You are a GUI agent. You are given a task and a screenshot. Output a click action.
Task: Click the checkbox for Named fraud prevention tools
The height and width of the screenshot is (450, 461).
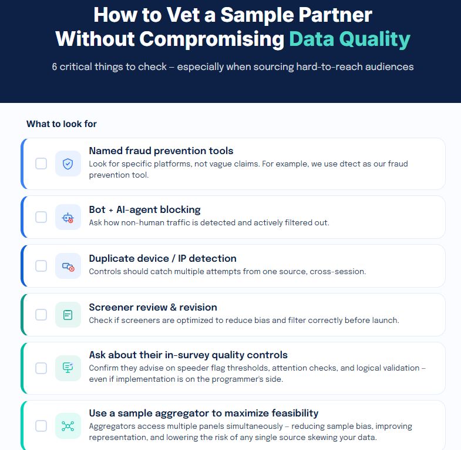pyautogui.click(x=41, y=164)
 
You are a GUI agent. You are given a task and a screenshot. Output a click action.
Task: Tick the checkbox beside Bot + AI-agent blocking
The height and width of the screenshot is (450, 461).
pyautogui.click(x=41, y=217)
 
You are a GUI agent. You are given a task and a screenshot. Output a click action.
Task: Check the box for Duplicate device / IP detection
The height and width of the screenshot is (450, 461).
pyautogui.click(x=41, y=266)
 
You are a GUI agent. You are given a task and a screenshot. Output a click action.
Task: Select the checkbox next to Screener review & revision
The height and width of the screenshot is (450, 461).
pyautogui.click(x=41, y=315)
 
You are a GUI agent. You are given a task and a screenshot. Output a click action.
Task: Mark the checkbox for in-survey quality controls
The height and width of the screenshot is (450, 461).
pyautogui.click(x=41, y=368)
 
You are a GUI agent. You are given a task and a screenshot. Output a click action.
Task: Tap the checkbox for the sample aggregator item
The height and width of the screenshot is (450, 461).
pyautogui.click(x=41, y=426)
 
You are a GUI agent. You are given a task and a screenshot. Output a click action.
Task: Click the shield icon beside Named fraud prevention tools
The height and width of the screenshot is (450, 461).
pyautogui.click(x=68, y=164)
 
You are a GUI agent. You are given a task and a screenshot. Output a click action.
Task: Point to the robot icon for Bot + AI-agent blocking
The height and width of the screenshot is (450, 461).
pyautogui.click(x=68, y=217)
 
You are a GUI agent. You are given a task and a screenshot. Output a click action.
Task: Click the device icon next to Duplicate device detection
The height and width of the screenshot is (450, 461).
pyautogui.click(x=68, y=266)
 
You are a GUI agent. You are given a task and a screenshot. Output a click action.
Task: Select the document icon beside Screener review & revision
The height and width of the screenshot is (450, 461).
pyautogui.click(x=68, y=315)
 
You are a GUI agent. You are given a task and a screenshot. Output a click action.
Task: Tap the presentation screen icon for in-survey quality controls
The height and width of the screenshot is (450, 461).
pyautogui.click(x=68, y=368)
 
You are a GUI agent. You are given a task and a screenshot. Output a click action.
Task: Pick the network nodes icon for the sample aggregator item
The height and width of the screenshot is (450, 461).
pyautogui.click(x=68, y=426)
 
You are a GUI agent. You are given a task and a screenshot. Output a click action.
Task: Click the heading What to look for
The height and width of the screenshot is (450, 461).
pyautogui.click(x=62, y=124)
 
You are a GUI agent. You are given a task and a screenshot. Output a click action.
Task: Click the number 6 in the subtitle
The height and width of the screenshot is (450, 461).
pyautogui.click(x=55, y=66)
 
